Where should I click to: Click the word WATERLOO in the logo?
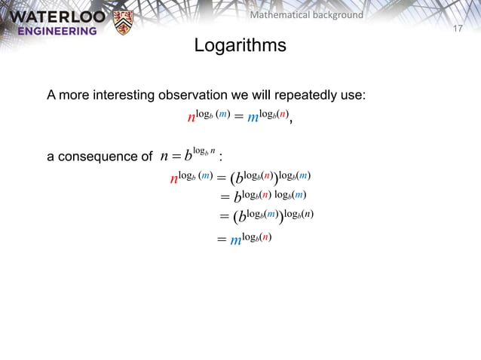tap(52, 16)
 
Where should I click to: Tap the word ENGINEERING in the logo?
tap(52, 31)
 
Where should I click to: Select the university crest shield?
tap(121, 23)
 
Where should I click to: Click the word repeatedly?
tap(302, 96)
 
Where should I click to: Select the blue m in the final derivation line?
tap(235, 241)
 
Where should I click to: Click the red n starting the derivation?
tap(174, 179)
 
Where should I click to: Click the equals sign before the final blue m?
tap(222, 241)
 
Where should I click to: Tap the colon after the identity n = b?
tap(220, 157)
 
